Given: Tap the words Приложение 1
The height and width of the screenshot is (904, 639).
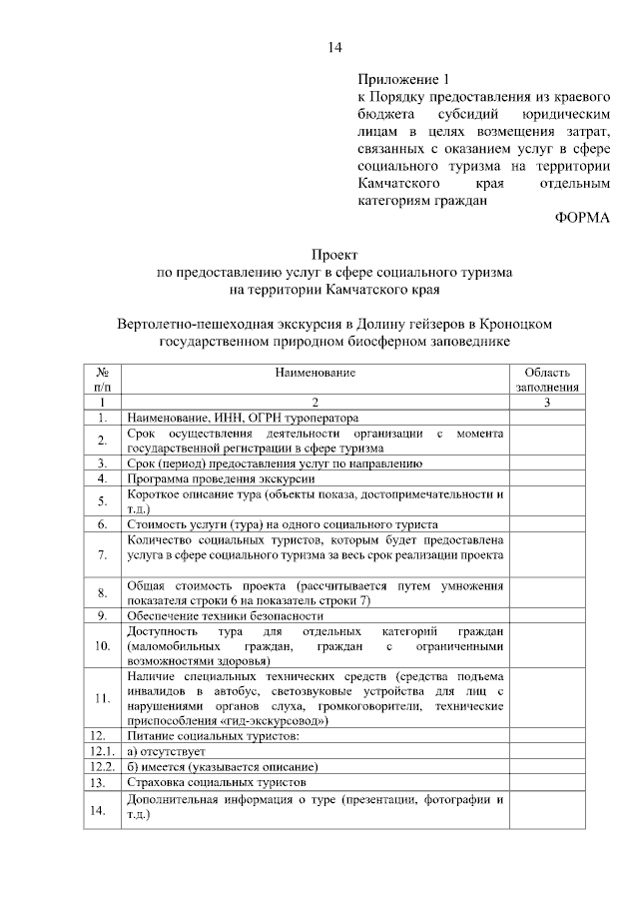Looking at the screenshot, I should tap(398, 79).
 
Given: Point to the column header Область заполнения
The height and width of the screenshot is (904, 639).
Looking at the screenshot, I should tap(547, 379).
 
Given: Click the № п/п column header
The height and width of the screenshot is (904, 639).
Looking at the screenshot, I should tap(103, 379).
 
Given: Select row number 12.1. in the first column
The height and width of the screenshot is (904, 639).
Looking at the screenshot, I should tap(103, 751).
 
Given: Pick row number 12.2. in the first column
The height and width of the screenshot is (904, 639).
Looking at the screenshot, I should tap(103, 767).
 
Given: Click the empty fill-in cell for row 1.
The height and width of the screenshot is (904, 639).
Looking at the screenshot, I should tap(547, 417).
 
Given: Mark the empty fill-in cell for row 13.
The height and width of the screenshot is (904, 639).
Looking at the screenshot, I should tap(547, 783).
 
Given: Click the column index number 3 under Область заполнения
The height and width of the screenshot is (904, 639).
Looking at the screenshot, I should tap(547, 401).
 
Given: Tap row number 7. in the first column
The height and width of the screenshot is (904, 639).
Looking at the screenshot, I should tap(103, 554).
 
